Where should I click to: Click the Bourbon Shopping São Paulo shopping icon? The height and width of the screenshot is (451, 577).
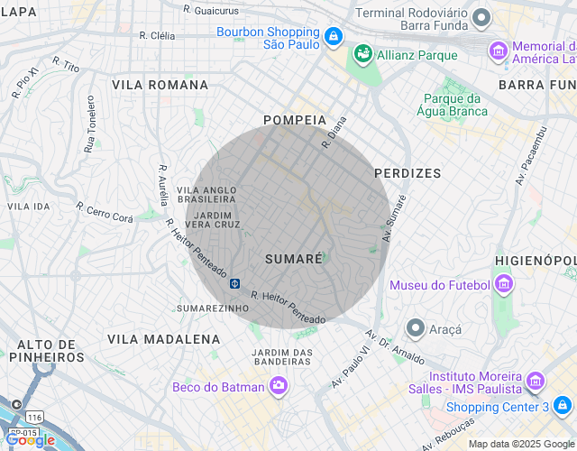334,36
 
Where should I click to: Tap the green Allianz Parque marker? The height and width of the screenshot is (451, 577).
362,54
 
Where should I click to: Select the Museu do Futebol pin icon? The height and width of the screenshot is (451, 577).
504,285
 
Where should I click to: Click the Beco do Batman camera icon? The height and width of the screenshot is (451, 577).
279,386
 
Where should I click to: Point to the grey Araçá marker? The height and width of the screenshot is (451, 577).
415,327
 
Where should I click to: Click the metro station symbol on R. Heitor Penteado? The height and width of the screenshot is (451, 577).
234,283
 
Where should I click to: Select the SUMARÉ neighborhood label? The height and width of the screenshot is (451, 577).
294,259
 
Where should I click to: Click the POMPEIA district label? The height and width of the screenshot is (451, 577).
294,120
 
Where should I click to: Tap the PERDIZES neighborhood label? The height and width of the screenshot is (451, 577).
408,172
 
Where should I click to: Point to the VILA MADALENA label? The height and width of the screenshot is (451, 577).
163,339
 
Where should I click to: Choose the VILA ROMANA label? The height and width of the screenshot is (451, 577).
160,85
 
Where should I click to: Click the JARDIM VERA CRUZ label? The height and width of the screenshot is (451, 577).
217,219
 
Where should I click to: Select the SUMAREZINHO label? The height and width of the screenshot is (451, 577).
213,308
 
